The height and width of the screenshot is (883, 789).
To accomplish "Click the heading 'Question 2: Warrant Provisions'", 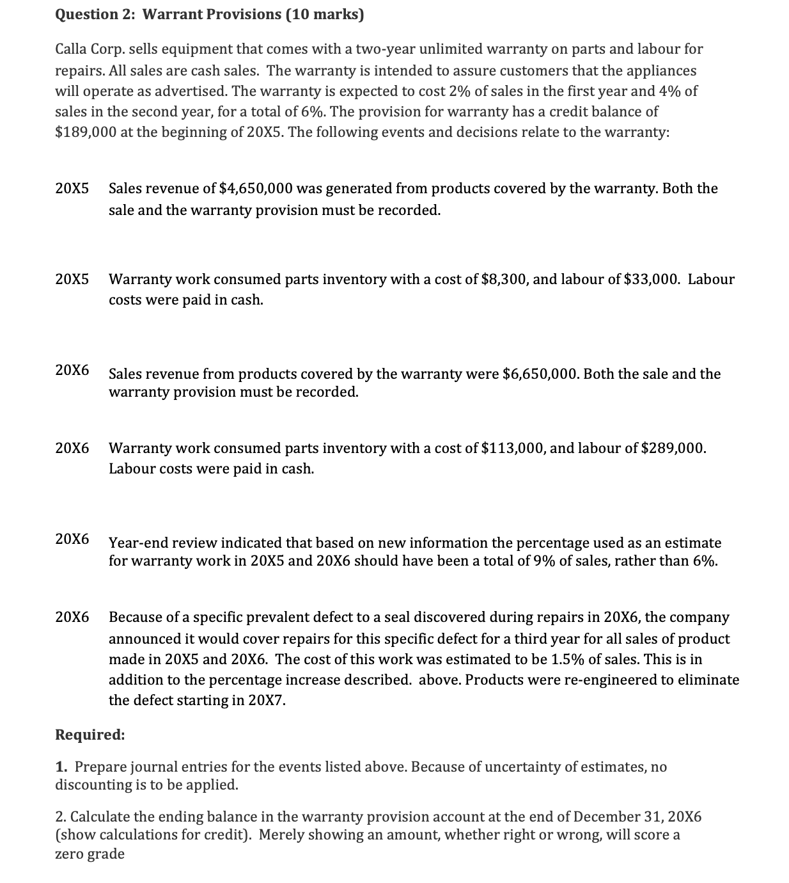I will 168,15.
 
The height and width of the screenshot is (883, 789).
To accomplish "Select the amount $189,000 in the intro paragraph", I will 82,132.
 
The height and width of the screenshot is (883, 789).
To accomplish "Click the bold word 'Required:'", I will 90,735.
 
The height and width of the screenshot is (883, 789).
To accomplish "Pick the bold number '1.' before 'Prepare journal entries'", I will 62,767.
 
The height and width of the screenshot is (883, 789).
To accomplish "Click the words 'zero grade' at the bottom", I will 90,854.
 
